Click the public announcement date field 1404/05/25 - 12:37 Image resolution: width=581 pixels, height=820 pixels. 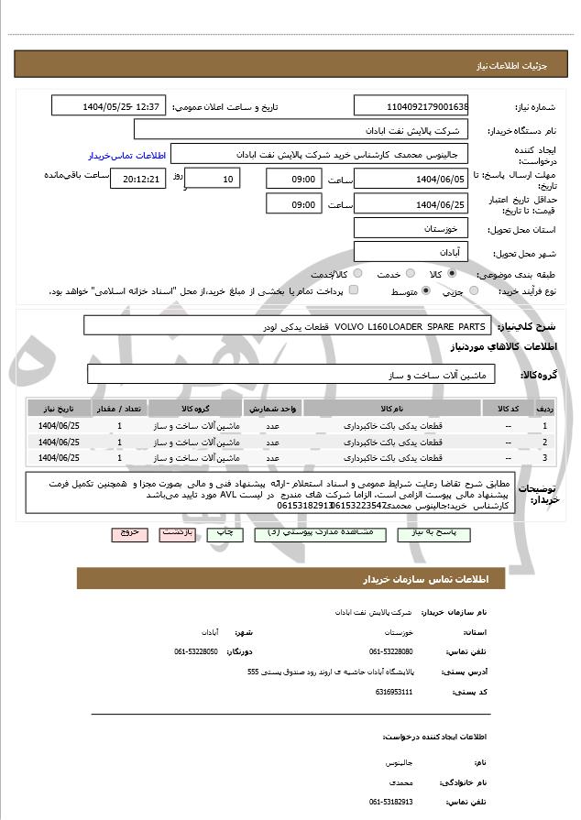coord(108,106)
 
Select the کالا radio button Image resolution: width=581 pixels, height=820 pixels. coord(452,274)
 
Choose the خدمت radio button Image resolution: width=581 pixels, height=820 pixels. coord(410,274)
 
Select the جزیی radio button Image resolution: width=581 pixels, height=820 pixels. coord(474,290)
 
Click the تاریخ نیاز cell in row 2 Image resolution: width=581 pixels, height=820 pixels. coord(59,442)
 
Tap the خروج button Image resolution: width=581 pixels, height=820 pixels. coord(128,531)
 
